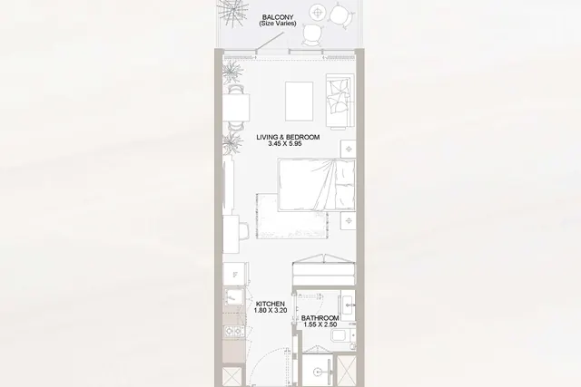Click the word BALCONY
click(278, 17)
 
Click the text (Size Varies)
click(278, 24)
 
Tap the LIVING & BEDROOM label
click(288, 137)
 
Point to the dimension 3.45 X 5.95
click(285, 144)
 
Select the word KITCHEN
click(271, 305)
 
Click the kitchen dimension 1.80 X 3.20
click(271, 311)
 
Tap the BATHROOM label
click(320, 318)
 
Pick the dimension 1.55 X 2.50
click(320, 324)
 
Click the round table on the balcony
click(317, 13)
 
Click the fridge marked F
click(234, 274)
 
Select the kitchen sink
click(234, 296)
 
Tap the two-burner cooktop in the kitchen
click(234, 331)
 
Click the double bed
click(317, 185)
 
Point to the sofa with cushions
click(339, 102)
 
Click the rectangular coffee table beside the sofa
click(299, 102)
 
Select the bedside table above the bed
click(349, 150)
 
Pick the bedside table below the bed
click(349, 221)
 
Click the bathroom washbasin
click(348, 305)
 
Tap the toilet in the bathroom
click(343, 335)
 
